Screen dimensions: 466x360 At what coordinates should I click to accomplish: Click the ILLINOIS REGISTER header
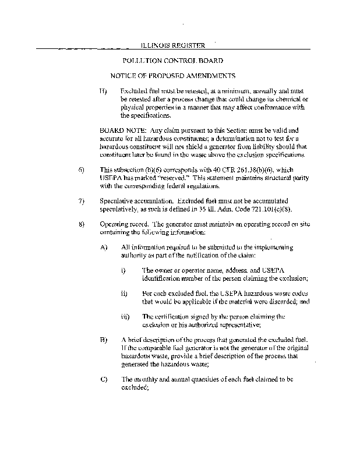coord(173,45)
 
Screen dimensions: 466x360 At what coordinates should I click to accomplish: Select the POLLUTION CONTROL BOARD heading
coord(172,61)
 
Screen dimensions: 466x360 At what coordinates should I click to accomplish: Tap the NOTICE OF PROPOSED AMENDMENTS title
coord(173,76)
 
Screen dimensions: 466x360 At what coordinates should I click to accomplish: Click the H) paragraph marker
coord(103,92)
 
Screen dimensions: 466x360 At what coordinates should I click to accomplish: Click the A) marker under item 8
coord(104,247)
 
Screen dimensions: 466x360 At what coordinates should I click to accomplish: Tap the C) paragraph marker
coord(104,379)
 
